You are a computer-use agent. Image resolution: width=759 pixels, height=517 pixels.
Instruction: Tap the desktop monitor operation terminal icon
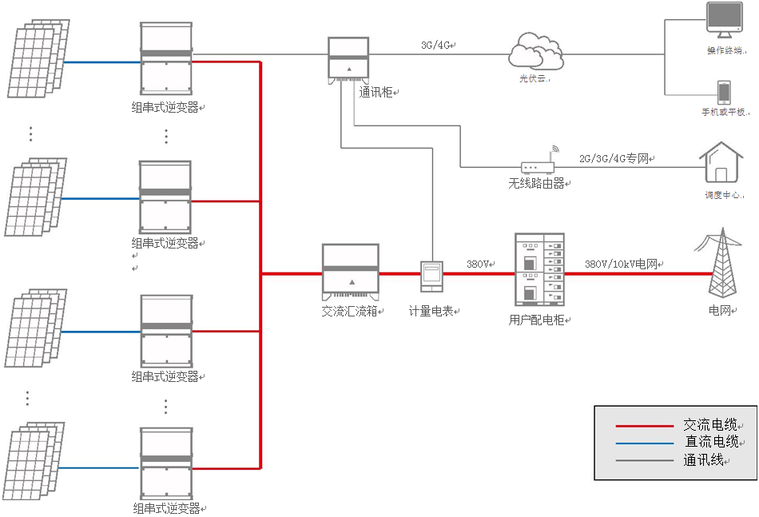click(724, 20)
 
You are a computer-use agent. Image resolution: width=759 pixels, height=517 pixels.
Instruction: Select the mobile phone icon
click(723, 92)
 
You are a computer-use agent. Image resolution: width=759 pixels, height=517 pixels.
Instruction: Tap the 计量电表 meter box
click(431, 276)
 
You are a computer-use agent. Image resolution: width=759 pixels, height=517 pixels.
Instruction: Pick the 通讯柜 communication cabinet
click(348, 58)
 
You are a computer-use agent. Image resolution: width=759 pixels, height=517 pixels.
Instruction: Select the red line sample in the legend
click(645, 426)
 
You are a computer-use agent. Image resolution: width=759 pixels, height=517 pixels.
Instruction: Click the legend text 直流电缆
click(710, 442)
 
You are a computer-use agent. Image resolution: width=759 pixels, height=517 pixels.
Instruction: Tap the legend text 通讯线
click(703, 459)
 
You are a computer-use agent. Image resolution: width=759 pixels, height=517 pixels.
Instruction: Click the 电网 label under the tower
click(720, 309)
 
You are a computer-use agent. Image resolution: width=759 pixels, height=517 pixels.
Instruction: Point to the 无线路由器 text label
click(537, 183)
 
